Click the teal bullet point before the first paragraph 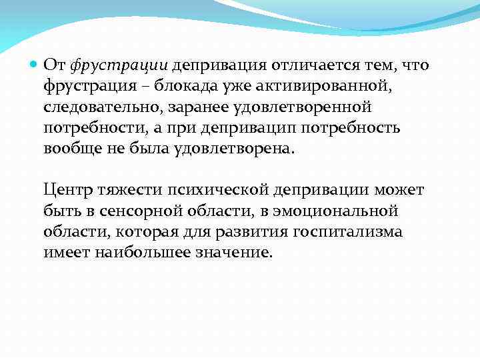35,66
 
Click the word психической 217,191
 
